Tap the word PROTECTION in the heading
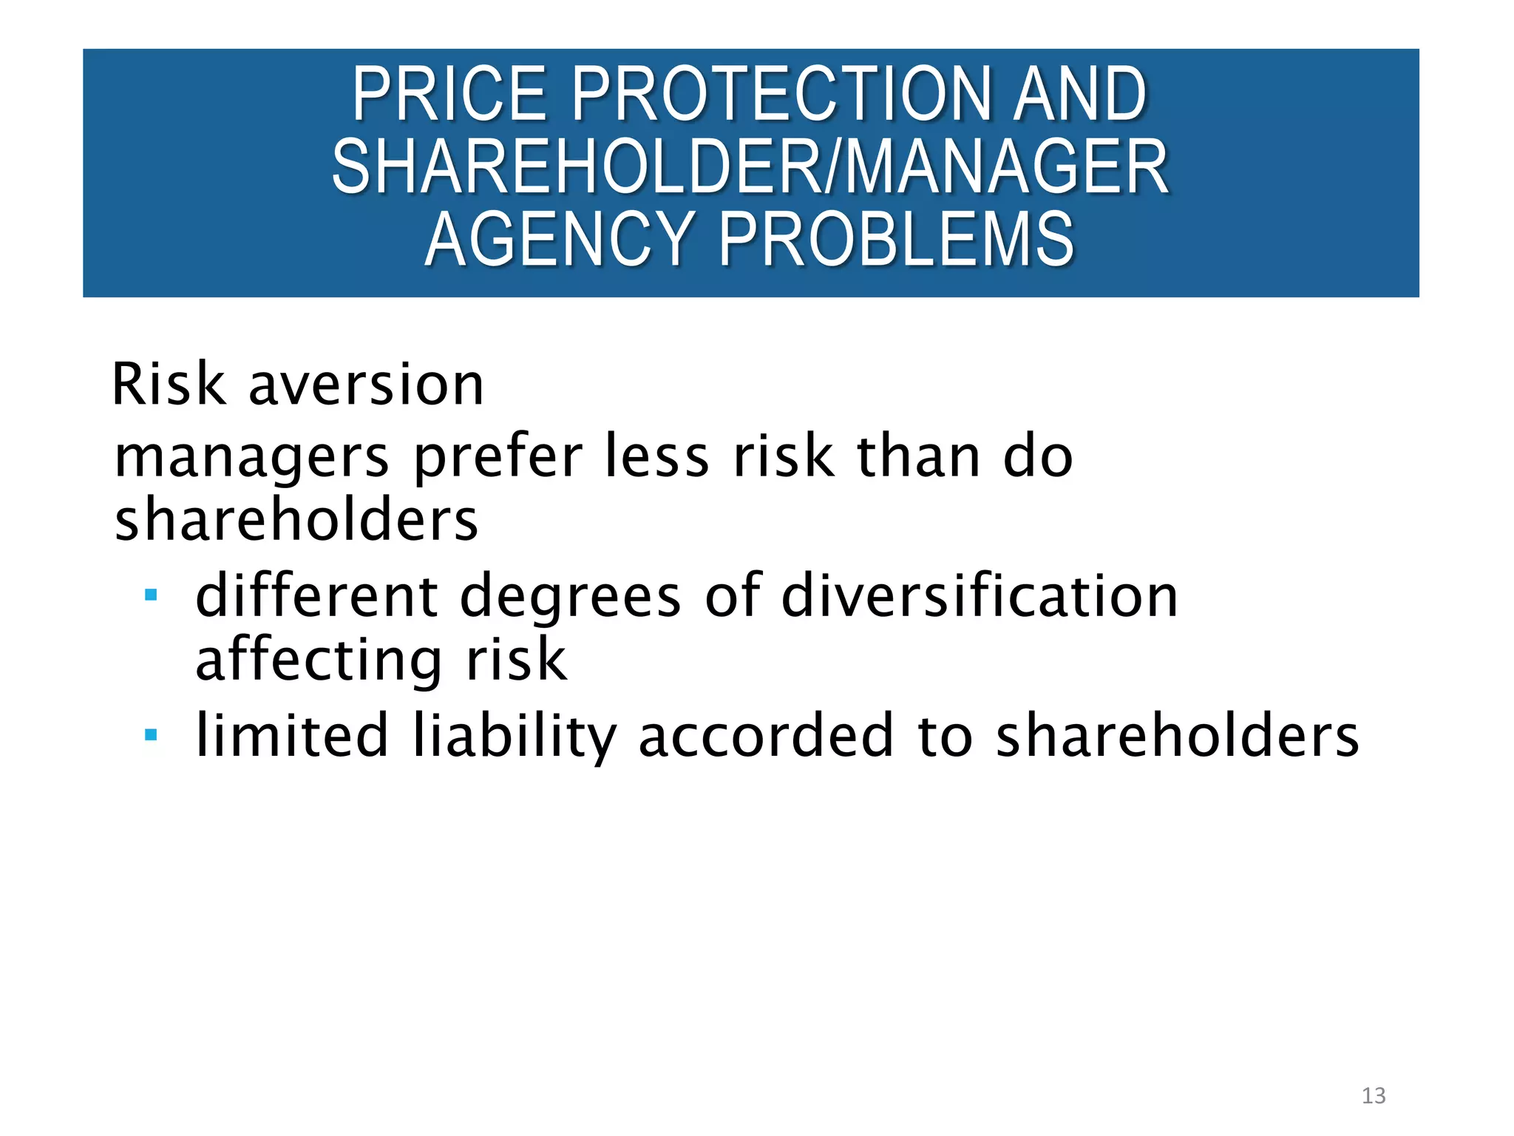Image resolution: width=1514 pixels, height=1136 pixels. tap(781, 94)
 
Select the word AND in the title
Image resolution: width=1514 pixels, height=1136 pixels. tap(1079, 94)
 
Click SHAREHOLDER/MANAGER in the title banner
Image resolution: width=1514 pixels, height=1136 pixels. tap(750, 167)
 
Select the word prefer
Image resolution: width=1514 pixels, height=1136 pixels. tap(498, 457)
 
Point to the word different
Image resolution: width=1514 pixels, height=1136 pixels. tap(317, 595)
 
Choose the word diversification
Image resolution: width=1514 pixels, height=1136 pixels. tap(980, 595)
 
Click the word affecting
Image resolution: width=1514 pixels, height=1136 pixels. tap(319, 660)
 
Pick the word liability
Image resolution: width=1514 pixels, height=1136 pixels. tap(514, 736)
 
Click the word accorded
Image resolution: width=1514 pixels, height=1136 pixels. tap(766, 736)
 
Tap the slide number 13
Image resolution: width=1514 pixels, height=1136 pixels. tap(1374, 1095)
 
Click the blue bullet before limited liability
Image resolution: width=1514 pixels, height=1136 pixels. tap(152, 734)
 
